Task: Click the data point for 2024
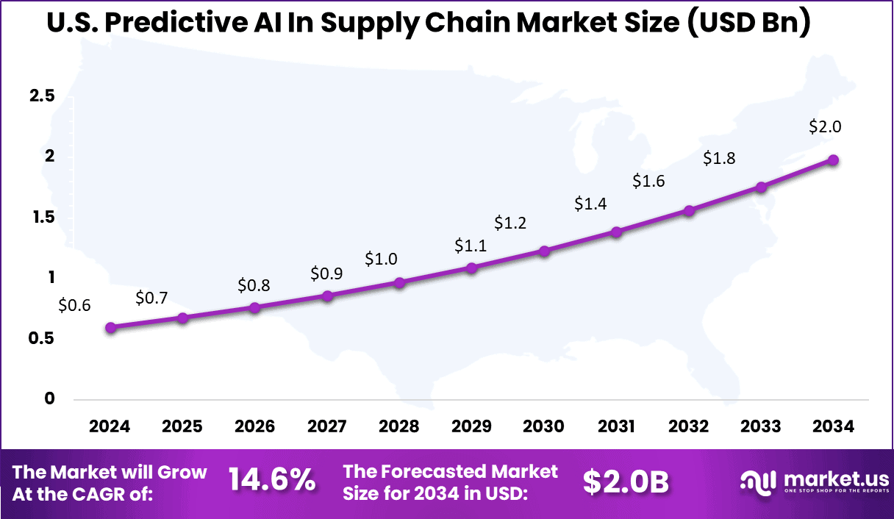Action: (x=110, y=328)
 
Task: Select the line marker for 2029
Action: (x=472, y=268)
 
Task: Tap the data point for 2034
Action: (x=833, y=160)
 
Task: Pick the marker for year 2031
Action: (x=616, y=232)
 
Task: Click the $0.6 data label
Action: (x=74, y=305)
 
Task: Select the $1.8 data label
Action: (x=719, y=158)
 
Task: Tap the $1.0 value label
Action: (x=381, y=259)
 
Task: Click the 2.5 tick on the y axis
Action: (x=41, y=96)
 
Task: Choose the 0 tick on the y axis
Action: (x=50, y=398)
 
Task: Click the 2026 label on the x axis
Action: (x=254, y=427)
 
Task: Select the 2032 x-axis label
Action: (x=689, y=427)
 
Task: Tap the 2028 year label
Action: (x=399, y=427)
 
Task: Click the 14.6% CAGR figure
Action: (x=271, y=481)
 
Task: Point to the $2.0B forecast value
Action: (x=626, y=482)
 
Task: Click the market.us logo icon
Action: (x=759, y=482)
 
